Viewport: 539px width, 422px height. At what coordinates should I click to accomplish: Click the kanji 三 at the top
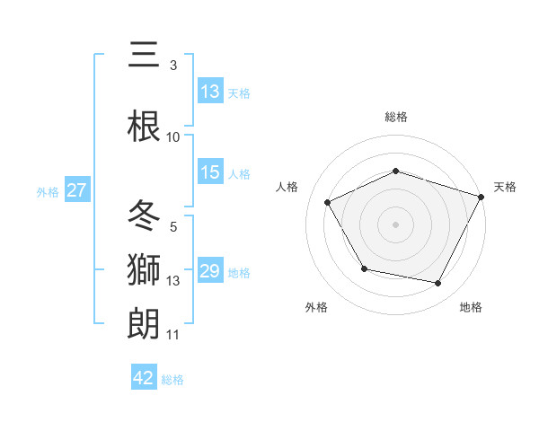(x=144, y=57)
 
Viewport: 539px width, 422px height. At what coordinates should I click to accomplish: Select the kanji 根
(x=144, y=126)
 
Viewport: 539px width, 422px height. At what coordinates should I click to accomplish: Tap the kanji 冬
(x=144, y=215)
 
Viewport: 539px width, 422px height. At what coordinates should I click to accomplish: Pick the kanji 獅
(x=144, y=269)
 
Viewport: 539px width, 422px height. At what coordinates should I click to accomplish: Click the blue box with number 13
(x=210, y=91)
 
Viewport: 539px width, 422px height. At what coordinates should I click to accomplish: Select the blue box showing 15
(x=210, y=172)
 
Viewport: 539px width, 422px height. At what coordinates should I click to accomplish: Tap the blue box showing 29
(x=210, y=271)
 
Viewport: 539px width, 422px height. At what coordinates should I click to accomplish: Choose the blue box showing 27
(x=76, y=190)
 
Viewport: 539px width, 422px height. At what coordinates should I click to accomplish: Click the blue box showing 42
(x=144, y=378)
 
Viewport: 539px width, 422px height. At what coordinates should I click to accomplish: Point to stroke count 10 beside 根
(x=173, y=136)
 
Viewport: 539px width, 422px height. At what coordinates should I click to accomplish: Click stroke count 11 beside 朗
(x=173, y=335)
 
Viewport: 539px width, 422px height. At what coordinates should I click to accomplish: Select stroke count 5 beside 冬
(x=173, y=227)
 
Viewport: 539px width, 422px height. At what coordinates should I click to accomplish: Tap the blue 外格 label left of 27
(x=48, y=191)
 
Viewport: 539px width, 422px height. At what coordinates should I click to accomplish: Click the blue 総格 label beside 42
(x=172, y=379)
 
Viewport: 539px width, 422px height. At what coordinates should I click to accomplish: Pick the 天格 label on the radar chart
(x=505, y=187)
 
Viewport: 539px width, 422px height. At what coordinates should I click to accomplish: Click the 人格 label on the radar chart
(x=287, y=187)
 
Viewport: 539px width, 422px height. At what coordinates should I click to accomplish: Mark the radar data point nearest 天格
(x=482, y=196)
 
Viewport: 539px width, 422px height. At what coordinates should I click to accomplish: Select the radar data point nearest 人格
(x=327, y=203)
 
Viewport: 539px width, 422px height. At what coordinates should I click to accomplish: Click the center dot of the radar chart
(x=395, y=224)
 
